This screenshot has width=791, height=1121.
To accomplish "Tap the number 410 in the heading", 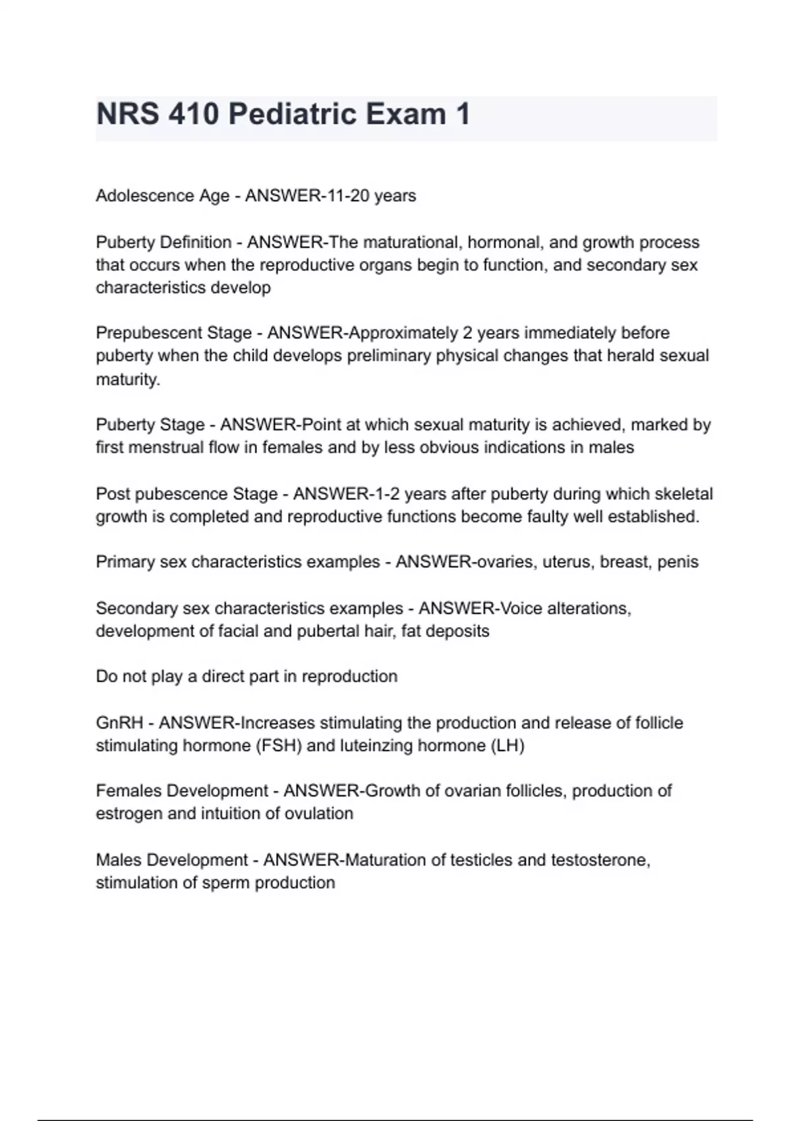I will [x=192, y=115].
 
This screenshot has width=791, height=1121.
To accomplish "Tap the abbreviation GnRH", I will [x=119, y=723].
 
